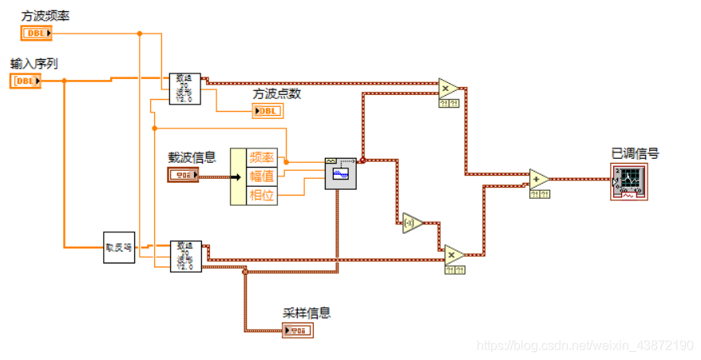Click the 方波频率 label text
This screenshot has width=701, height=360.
tap(45, 15)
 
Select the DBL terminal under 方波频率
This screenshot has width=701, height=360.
tap(37, 33)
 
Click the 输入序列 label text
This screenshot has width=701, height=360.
tap(34, 63)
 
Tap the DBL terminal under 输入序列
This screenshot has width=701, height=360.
tap(26, 81)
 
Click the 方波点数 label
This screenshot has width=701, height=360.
tap(277, 93)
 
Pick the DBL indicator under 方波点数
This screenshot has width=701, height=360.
tap(267, 111)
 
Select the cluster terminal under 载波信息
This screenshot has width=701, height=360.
tap(183, 176)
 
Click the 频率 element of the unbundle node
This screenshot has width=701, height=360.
tap(263, 157)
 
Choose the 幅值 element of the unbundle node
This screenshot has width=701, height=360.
tap(263, 176)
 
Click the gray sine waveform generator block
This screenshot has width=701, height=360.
tap(340, 173)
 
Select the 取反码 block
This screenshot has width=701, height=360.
tap(119, 247)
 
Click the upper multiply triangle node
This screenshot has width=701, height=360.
tap(450, 87)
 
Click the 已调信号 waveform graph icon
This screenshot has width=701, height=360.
tap(628, 181)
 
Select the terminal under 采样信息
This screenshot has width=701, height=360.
tap(297, 330)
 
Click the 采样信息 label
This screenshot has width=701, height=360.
tap(307, 313)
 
